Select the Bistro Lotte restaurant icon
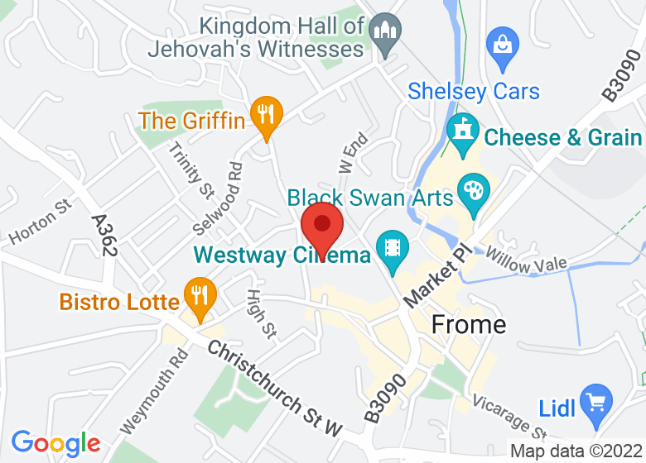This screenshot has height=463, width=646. (x=199, y=295)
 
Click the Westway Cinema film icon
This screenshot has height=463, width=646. (x=390, y=248)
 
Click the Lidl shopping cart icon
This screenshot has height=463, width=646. (x=595, y=403)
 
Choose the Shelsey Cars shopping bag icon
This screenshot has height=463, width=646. (x=501, y=41)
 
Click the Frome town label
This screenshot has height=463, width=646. (x=469, y=324)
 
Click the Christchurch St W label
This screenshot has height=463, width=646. (x=274, y=389)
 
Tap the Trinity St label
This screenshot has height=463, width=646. (x=190, y=169)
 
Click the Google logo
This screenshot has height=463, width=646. (x=55, y=443)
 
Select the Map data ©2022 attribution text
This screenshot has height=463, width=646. (x=576, y=451)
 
